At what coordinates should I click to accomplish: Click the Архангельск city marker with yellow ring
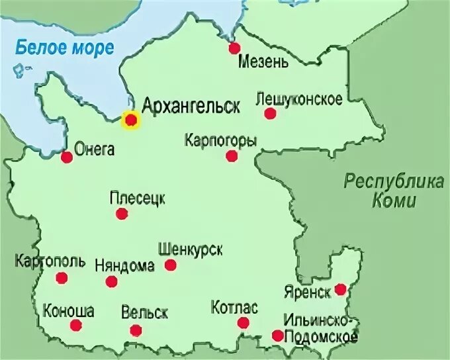point(131,120)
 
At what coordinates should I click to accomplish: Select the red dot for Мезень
point(234,48)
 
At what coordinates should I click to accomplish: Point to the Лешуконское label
point(298,99)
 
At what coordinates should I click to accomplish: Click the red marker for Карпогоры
point(231,156)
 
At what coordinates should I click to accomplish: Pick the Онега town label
point(95,150)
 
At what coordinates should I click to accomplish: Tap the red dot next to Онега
point(66,157)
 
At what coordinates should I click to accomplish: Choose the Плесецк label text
point(138,198)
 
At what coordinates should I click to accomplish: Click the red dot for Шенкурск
point(171,265)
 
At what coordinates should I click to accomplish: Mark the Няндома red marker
point(111,282)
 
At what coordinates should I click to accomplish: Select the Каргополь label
point(50,261)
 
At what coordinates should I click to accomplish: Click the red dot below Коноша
point(76,326)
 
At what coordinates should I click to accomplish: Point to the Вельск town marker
point(136,331)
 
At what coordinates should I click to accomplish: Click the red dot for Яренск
point(340,289)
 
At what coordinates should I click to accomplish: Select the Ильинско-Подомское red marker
point(277,336)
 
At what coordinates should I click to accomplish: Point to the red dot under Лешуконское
point(270,114)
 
